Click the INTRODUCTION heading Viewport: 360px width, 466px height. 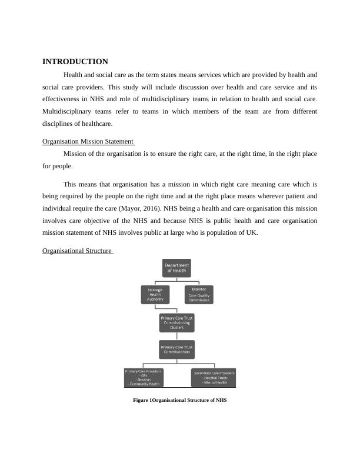point(75,62)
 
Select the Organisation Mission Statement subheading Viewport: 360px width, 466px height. point(88,141)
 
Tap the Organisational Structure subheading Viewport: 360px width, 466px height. point(77,251)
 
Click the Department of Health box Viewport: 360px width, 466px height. point(176,268)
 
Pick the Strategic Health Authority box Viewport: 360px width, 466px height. point(155,294)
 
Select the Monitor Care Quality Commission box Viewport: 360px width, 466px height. point(198,294)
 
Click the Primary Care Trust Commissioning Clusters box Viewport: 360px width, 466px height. point(176,322)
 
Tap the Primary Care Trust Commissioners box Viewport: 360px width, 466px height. point(176,349)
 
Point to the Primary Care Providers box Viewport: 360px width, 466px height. point(143,377)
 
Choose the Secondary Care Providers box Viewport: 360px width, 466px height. point(214,377)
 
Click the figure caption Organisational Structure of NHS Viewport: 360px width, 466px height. point(179,400)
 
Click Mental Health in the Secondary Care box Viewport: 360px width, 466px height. point(215,382)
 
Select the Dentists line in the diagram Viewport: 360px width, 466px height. point(143,380)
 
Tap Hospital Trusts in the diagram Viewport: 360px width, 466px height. point(215,378)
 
